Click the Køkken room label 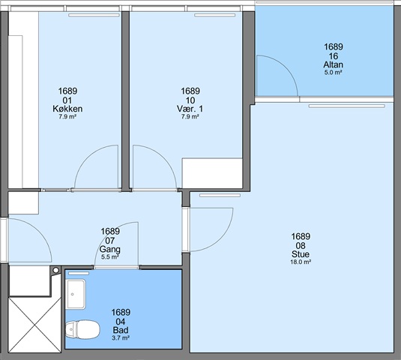coord(67,109)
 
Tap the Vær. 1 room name coord(190,109)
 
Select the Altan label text coord(334,64)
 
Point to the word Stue coord(301,254)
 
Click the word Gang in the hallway coord(110,249)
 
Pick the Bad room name coord(121,330)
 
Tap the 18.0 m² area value coord(301,262)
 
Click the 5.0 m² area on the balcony coord(334,73)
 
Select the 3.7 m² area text coord(121,337)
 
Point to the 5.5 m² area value coord(110,257)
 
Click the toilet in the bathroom coord(82,329)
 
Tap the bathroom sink coord(76,294)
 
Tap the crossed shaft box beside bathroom coord(34,325)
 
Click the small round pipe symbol coord(55,270)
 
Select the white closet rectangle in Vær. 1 coord(212,173)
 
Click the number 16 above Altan coord(334,56)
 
